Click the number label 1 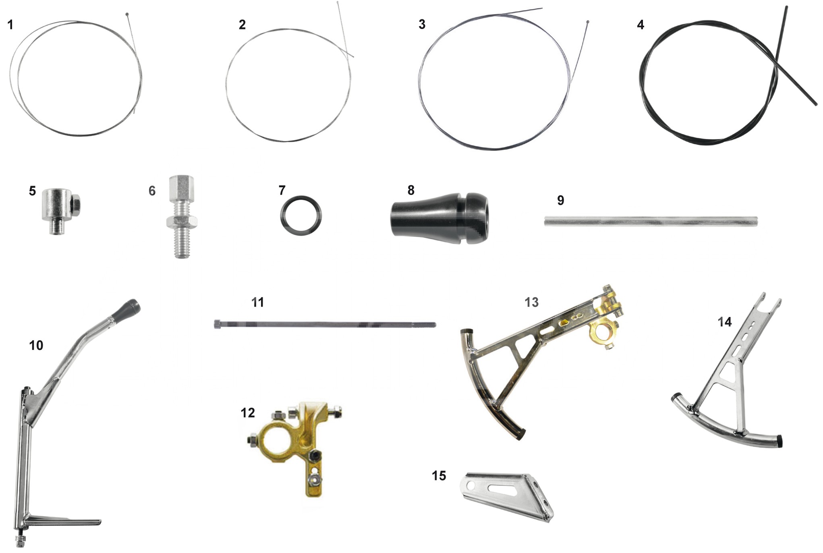pyautogui.click(x=10, y=25)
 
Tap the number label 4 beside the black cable pyautogui.click(x=641, y=25)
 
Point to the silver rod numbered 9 pyautogui.click(x=651, y=222)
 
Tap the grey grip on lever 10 pyautogui.click(x=129, y=309)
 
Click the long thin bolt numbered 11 pyautogui.click(x=325, y=324)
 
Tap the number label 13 pyautogui.click(x=531, y=302)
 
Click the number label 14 pyautogui.click(x=724, y=322)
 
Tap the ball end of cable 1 pyautogui.click(x=127, y=14)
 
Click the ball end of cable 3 pyautogui.click(x=588, y=22)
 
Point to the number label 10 pyautogui.click(x=36, y=345)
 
